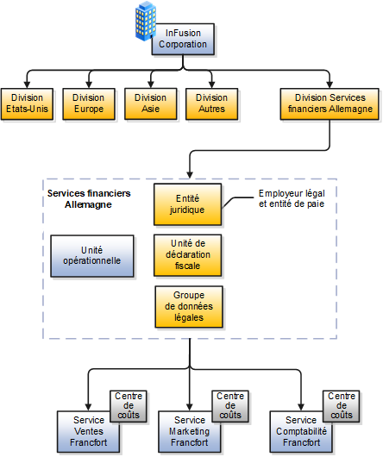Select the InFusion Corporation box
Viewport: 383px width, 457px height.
[183, 39]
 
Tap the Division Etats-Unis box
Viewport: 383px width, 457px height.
[27, 103]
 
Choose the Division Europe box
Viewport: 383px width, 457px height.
[88, 103]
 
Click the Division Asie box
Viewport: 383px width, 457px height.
[151, 103]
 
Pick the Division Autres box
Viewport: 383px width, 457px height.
[211, 103]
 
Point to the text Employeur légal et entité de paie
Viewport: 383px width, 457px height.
[291, 199]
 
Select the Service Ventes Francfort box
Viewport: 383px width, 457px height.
[82, 432]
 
